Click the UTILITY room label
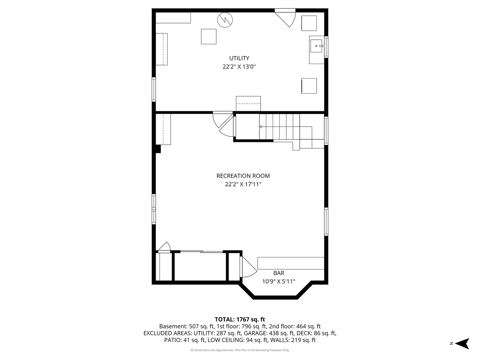tap(239, 58)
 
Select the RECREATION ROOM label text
tap(243, 176)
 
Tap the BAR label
tap(279, 273)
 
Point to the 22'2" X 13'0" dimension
tap(239, 67)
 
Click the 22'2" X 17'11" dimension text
tap(243, 184)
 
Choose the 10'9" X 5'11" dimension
tap(279, 281)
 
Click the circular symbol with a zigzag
tap(225, 20)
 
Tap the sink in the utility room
tap(316, 46)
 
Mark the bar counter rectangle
tap(291, 263)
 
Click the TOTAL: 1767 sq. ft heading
tap(240, 319)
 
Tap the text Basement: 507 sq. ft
tap(187, 326)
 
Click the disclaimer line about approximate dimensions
tap(240, 350)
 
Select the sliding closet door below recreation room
tap(201, 251)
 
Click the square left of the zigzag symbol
tap(209, 37)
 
